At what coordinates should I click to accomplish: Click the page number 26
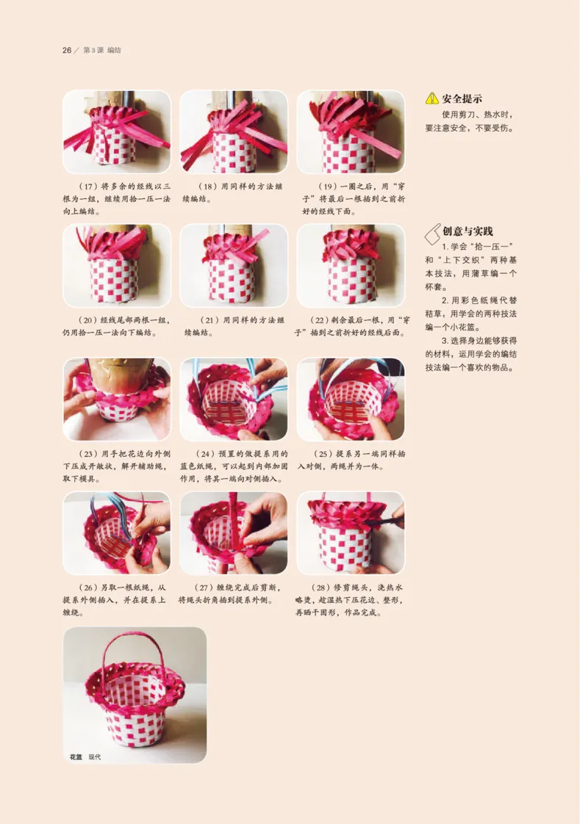point(67,51)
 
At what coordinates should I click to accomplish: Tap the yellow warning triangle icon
point(431,98)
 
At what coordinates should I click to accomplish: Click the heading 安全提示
point(462,99)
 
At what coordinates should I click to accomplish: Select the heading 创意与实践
point(467,231)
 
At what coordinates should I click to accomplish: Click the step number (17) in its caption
point(87,187)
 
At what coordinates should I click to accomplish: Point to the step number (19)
point(329,187)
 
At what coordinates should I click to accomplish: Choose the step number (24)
point(206,454)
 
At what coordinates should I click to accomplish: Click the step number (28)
point(322,588)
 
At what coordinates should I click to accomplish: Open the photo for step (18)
point(234,132)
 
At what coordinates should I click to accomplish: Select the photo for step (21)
point(234,265)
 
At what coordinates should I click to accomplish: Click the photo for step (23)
point(117,400)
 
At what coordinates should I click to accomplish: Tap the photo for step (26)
point(117,533)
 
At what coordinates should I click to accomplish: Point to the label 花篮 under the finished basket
point(76,756)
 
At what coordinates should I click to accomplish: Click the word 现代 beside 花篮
point(95,756)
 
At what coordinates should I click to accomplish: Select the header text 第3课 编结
point(102,51)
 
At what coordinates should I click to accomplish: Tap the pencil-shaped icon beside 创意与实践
point(432,234)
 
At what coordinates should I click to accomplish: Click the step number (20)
point(87,320)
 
